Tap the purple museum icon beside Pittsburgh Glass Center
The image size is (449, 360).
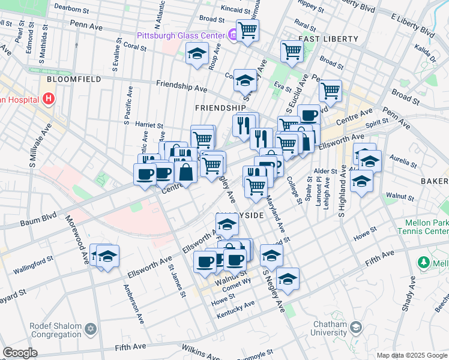tap(232, 35)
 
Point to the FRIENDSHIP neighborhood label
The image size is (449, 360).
tap(221, 107)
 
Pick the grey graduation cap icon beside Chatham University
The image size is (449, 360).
tap(357, 328)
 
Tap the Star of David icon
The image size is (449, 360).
tap(91, 329)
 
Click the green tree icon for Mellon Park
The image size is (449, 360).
tap(424, 263)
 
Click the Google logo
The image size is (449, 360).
tap(20, 353)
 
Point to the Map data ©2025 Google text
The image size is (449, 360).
tap(412, 355)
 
